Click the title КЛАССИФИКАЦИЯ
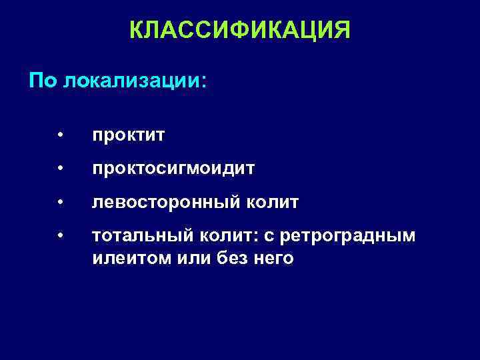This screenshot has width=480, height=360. pos(239,30)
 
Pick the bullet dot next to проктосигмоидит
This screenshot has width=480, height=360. pos(60,169)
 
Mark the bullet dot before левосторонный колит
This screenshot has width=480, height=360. pos(60,202)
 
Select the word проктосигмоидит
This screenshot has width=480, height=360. pos(173,169)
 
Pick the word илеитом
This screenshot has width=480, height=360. pos(125,258)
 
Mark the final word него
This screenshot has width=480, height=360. pos(271,258)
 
